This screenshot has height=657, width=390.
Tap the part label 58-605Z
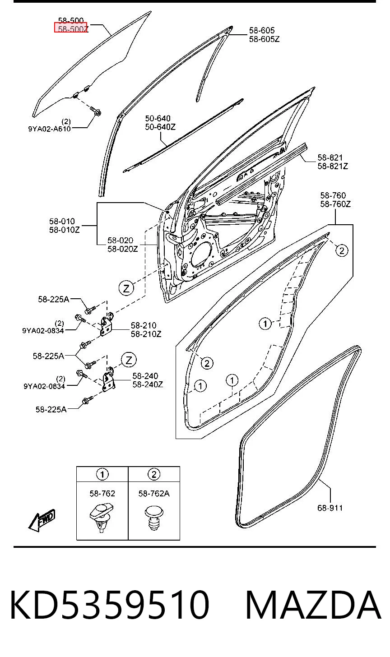(x=264, y=39)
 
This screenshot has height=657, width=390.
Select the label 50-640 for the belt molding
(x=158, y=119)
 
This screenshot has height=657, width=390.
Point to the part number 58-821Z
(x=333, y=167)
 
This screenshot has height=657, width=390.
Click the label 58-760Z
(x=335, y=204)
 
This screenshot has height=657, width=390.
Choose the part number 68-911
(x=330, y=508)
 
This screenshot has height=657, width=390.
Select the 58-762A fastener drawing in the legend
(x=154, y=518)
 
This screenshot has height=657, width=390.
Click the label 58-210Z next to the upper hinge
(x=146, y=334)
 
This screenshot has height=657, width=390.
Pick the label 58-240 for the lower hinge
(x=145, y=376)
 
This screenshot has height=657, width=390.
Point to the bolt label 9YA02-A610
(x=49, y=129)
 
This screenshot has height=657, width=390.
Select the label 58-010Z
(x=64, y=230)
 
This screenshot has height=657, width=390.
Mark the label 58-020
(x=120, y=241)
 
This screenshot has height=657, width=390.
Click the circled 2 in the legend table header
(x=154, y=474)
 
